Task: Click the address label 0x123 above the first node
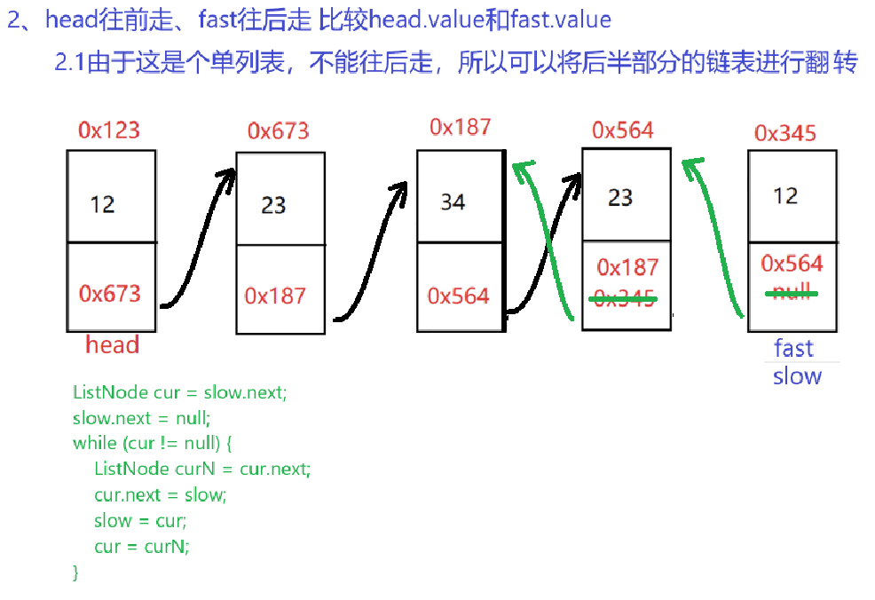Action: (x=109, y=130)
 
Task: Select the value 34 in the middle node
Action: (x=453, y=202)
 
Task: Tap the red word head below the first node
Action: (x=112, y=344)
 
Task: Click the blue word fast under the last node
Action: (x=793, y=347)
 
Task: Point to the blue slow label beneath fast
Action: (x=797, y=376)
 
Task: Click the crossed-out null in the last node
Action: (x=792, y=292)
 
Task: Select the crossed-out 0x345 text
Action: (x=627, y=299)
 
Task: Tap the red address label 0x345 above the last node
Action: (x=784, y=133)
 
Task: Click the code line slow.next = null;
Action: (x=142, y=417)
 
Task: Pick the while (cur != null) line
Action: (x=151, y=442)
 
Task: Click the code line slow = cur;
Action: (x=140, y=520)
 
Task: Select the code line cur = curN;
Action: (x=142, y=546)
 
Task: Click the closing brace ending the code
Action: (x=75, y=572)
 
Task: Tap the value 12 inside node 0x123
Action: (x=102, y=205)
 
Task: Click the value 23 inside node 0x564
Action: (x=619, y=196)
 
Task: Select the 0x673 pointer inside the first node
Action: (x=109, y=293)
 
